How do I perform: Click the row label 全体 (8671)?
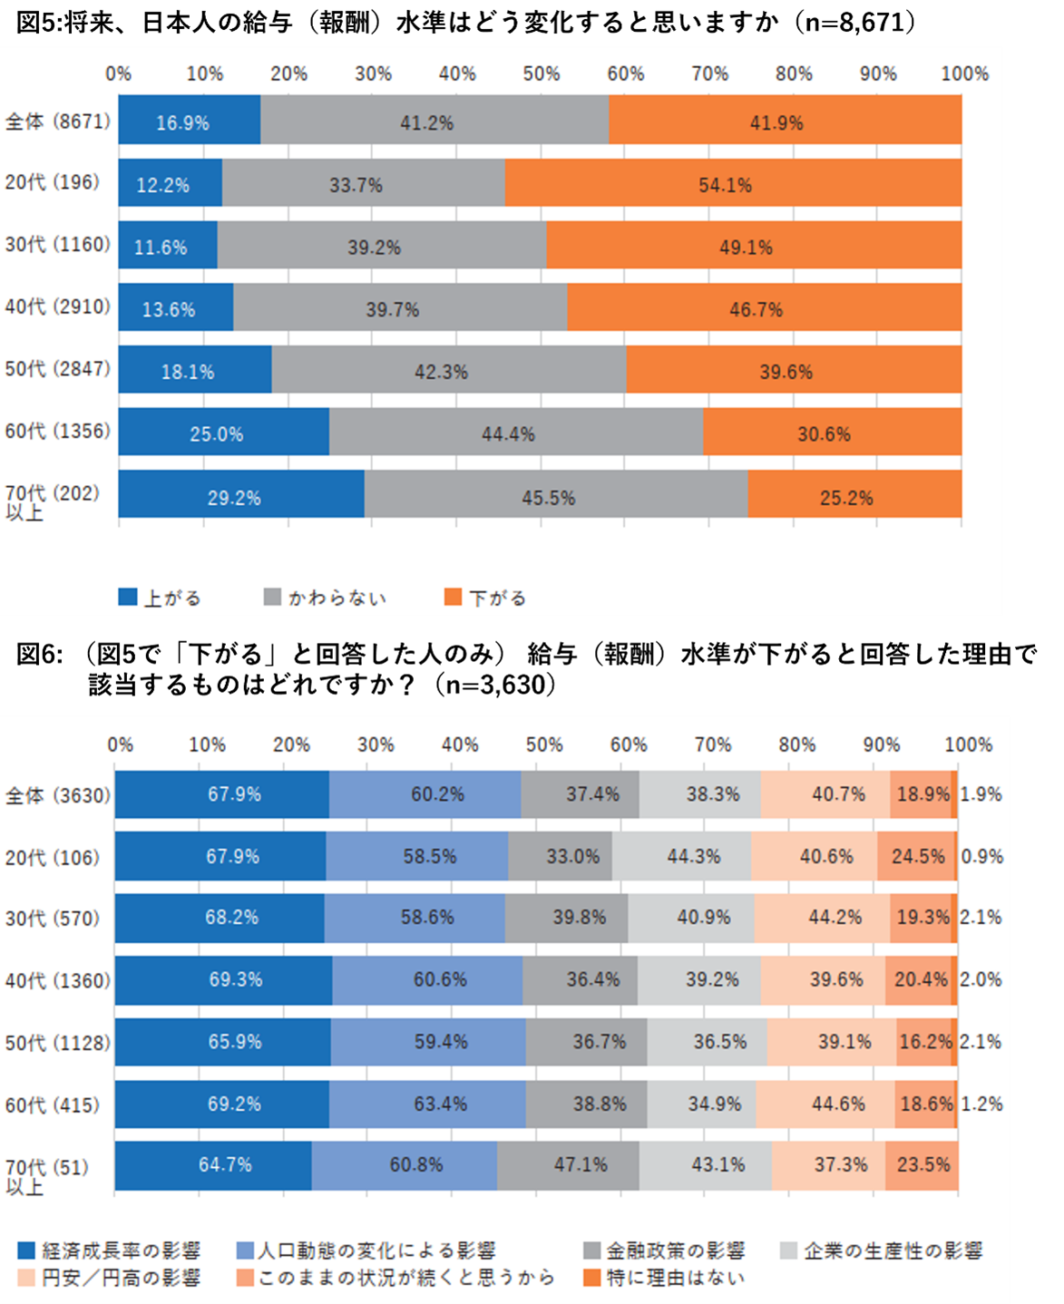(x=57, y=121)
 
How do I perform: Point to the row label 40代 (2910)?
(x=57, y=307)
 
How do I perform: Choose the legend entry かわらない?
(x=326, y=598)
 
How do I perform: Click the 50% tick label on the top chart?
(x=541, y=73)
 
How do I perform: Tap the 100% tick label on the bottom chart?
(x=968, y=744)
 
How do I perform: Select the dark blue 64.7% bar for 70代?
(x=213, y=1165)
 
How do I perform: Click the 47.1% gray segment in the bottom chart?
(x=568, y=1165)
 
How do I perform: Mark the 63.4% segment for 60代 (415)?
(x=427, y=1104)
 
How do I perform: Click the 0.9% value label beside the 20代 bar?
(x=981, y=856)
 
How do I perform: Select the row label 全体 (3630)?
(x=57, y=795)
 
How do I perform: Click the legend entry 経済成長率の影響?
(x=109, y=1250)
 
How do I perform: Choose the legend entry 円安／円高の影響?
(x=109, y=1278)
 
